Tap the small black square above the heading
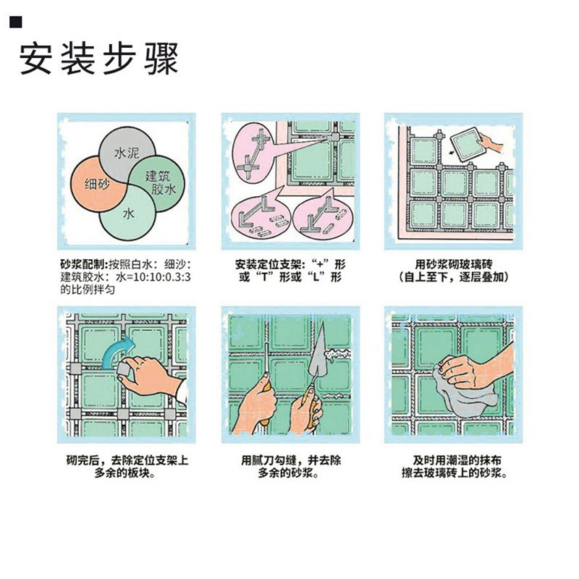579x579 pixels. point(14,24)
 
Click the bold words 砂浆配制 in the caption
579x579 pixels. point(82,263)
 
